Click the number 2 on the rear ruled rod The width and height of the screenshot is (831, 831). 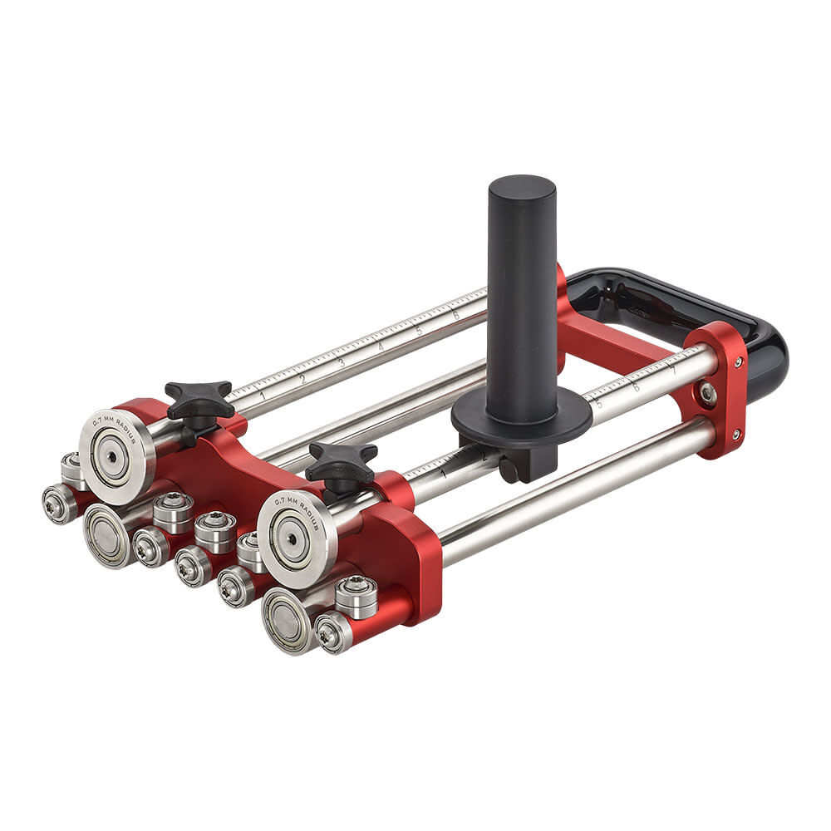click(x=302, y=378)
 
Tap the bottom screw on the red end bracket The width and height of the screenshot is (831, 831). click(x=735, y=434)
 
